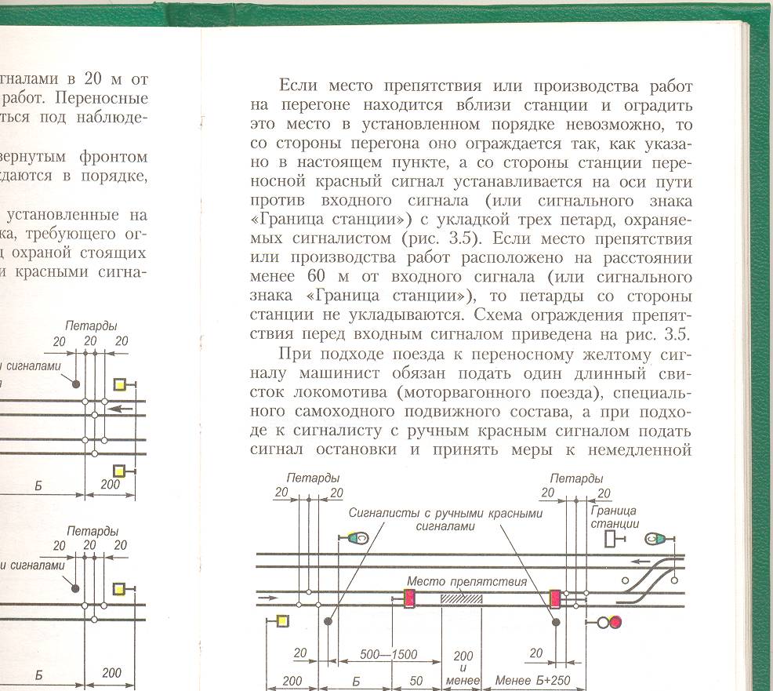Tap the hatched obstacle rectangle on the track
coord(462,598)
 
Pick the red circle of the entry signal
coord(615,623)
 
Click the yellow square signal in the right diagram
coord(283,622)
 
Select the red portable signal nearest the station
coord(555,599)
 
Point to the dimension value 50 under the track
coord(416,680)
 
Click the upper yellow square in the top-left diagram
coord(120,384)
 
